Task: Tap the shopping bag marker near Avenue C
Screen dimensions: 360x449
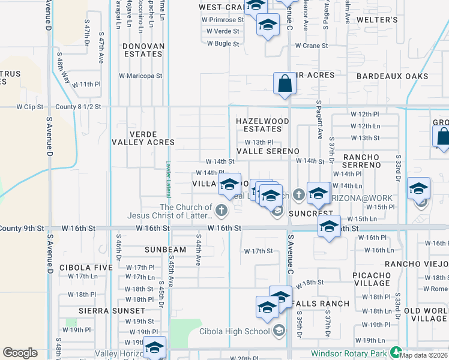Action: pos(285,85)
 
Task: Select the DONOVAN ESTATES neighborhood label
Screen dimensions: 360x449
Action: pos(143,50)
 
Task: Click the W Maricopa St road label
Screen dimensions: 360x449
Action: pos(140,76)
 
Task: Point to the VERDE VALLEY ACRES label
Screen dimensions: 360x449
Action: pos(143,138)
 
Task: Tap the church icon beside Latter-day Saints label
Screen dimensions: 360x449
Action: pos(222,210)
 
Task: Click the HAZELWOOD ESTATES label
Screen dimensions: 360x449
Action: pos(262,125)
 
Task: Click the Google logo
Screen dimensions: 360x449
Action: pos(20,353)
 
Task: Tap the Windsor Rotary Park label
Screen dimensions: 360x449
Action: pos(350,354)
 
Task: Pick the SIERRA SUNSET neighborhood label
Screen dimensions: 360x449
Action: pos(112,311)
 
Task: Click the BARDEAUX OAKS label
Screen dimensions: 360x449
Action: pos(393,76)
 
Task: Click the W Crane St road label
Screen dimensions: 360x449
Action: pos(311,46)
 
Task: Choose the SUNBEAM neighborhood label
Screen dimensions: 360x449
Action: pos(165,249)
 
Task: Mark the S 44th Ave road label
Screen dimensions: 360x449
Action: pos(198,250)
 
